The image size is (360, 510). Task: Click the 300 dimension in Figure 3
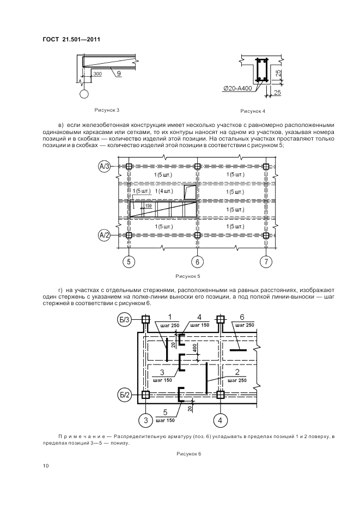[x=97, y=73]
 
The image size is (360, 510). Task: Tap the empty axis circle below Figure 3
[x=85, y=95]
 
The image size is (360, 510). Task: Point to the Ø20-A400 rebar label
[x=237, y=88]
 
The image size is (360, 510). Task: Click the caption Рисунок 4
[x=253, y=111]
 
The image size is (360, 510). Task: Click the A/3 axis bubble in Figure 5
[x=105, y=166]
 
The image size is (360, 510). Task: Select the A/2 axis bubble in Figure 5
[x=105, y=235]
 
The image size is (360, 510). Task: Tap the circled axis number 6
[x=197, y=262]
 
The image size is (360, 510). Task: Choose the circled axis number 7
[x=266, y=262]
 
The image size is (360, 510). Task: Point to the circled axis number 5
[x=129, y=262]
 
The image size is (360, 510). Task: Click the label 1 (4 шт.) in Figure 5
[x=164, y=191]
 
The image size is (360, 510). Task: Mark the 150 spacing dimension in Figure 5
[x=148, y=206]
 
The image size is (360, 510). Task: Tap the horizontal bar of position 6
[x=239, y=350]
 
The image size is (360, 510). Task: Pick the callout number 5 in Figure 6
[x=165, y=412]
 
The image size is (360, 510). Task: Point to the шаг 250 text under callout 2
[x=237, y=381]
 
